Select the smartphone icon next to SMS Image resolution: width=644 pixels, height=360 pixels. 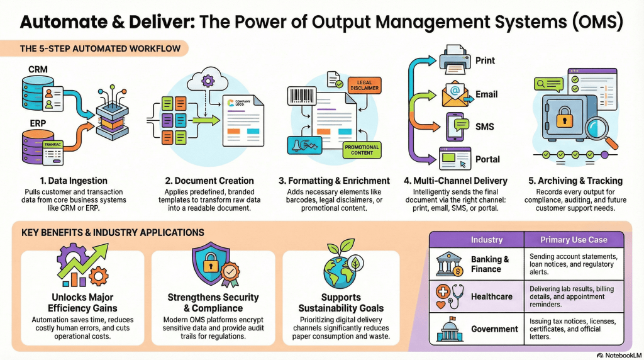[x=458, y=127]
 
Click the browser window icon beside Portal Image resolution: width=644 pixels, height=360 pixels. [x=457, y=158]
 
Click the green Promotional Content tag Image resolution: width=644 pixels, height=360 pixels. [x=362, y=150]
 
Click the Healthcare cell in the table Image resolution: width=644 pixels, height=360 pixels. [x=491, y=296]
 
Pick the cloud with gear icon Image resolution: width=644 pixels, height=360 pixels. [x=207, y=80]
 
